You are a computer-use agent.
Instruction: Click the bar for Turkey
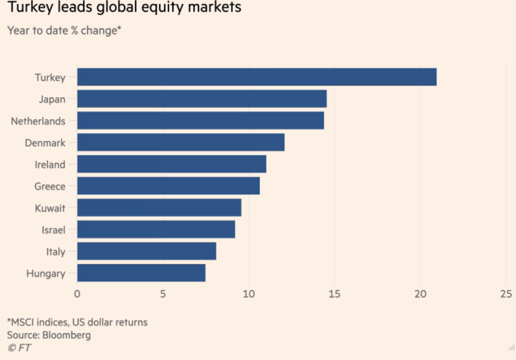coord(257,77)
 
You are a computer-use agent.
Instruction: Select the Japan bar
coord(202,99)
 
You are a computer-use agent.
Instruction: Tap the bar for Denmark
coord(181,142)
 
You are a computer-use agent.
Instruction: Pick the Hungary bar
coord(141,273)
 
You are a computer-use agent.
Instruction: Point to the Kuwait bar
coord(159,207)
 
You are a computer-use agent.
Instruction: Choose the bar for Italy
coord(147,251)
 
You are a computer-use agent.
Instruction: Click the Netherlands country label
coord(38,121)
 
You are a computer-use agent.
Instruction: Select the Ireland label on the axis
coord(50,165)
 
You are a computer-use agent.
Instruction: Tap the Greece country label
coord(50,187)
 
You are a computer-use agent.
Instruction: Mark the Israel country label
coord(53,230)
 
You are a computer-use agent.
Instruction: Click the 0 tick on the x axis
coord(77,294)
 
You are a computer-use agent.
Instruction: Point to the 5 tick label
coord(163,294)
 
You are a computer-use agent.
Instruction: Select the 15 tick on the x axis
coord(334,294)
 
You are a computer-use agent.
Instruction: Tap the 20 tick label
coord(420,294)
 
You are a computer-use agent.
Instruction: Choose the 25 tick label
coord(506,294)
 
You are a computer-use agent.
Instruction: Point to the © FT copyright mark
coord(19,348)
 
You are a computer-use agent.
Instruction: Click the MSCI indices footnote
coord(77,323)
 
